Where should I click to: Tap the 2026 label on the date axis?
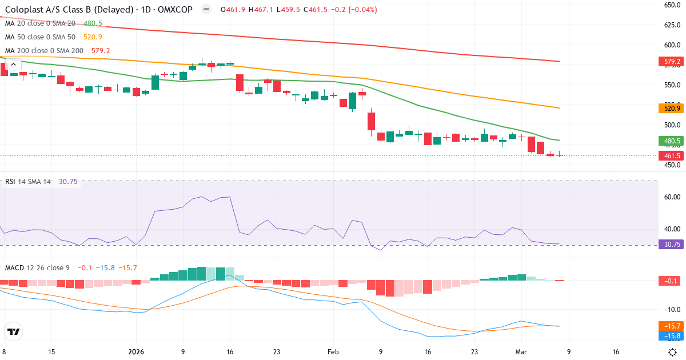tap(137, 352)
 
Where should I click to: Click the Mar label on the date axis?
tap(521, 352)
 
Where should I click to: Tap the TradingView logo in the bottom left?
tap(14, 331)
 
